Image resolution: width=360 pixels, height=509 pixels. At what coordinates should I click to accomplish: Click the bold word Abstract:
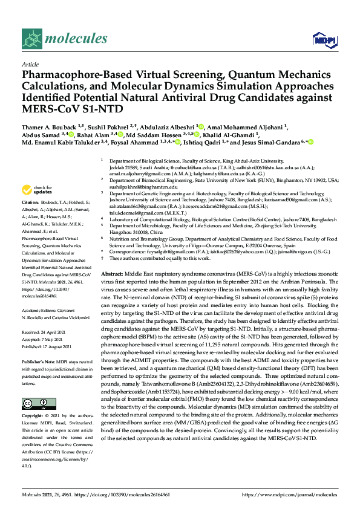113,274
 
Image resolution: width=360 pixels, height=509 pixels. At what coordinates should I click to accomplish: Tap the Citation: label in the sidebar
31,201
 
